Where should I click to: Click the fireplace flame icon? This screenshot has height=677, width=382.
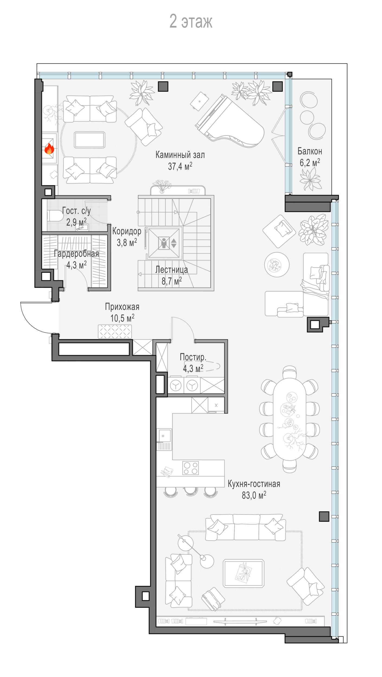pyautogui.click(x=49, y=149)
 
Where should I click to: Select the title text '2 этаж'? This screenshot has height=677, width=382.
pyautogui.click(x=191, y=21)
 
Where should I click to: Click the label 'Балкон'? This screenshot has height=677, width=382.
pyautogui.click(x=310, y=151)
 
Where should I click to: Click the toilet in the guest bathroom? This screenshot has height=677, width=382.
pyautogui.click(x=56, y=216)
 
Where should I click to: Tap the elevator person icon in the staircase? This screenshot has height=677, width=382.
pyautogui.click(x=163, y=243)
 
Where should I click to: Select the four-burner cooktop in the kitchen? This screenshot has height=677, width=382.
pyautogui.click(x=191, y=468)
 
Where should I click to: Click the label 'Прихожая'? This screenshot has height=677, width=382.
pyautogui.click(x=122, y=307)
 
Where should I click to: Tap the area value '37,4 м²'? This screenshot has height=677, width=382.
pyautogui.click(x=180, y=166)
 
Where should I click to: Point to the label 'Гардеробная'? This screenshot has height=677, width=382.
pyautogui.click(x=76, y=254)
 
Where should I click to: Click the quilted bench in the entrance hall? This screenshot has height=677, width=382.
pyautogui.click(x=115, y=332)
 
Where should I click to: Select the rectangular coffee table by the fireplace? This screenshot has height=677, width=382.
pyautogui.click(x=90, y=140)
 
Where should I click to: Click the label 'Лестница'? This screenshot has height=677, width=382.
pyautogui.click(x=172, y=269)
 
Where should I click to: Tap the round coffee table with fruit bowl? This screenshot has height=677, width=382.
pyautogui.click(x=277, y=265)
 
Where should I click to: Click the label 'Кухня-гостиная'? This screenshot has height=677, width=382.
pyautogui.click(x=254, y=484)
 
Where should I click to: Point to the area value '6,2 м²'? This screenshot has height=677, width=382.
pyautogui.click(x=310, y=162)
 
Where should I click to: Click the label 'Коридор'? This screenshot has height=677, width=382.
pyautogui.click(x=127, y=231)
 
